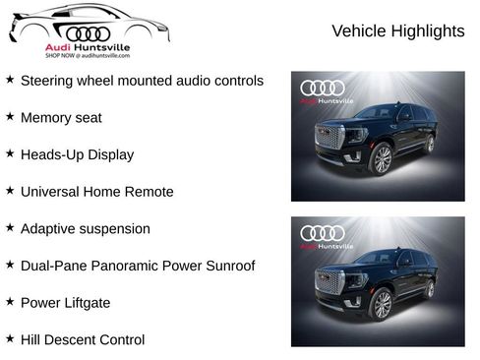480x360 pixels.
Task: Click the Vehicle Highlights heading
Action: point(397,31)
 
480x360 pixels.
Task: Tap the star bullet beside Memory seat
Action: point(10,116)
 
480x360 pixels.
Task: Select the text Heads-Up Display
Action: point(77,154)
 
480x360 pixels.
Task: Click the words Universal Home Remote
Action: point(96,192)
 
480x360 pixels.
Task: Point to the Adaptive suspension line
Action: point(86,228)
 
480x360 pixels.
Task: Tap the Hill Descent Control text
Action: point(83,339)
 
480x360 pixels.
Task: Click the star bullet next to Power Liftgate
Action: point(10,301)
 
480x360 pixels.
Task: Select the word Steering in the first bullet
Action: point(49,81)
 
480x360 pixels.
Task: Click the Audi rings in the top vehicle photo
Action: point(323,89)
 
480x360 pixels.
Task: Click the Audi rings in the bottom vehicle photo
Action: point(323,233)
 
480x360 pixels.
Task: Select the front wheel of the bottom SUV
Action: point(382,304)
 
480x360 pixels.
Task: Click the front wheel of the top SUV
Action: point(382,158)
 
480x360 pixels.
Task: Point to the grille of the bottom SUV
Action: point(330,282)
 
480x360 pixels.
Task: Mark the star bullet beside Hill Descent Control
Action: point(10,338)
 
